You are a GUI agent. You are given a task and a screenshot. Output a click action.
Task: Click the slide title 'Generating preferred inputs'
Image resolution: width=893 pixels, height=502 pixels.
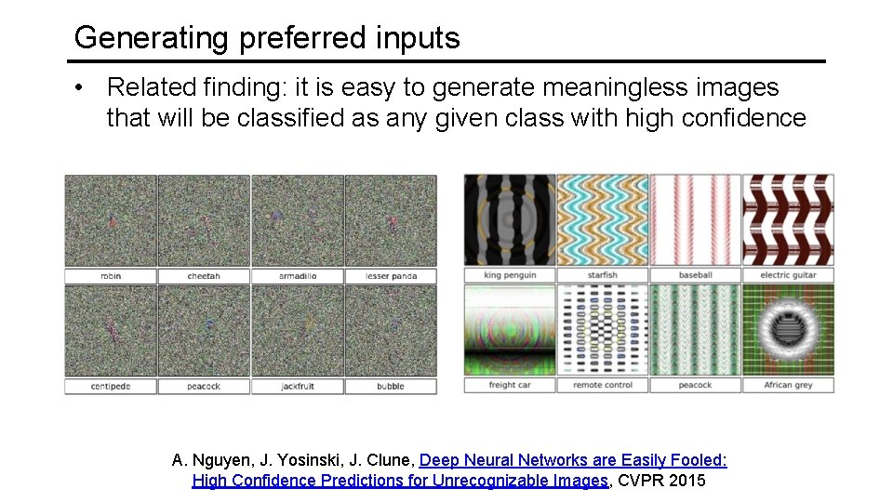267,38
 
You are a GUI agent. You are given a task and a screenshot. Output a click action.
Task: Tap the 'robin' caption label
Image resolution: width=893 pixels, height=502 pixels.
111,276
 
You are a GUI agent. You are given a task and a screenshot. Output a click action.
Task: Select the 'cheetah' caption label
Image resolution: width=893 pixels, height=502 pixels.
204,276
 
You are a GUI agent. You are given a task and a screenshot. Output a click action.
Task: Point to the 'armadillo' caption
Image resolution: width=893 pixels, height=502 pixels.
298,276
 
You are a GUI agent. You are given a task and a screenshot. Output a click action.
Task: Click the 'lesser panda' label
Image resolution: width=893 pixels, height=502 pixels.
391,276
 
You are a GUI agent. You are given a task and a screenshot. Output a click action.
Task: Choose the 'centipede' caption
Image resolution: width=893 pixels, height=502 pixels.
111,386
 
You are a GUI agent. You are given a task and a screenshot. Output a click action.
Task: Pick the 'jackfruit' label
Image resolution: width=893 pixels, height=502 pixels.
298,386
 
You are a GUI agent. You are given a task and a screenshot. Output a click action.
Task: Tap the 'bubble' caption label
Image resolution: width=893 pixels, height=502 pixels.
391,386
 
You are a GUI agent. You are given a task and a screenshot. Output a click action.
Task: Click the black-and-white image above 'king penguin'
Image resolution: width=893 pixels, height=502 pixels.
510,219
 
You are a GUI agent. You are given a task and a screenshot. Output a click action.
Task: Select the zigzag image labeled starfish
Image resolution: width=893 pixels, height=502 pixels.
603,219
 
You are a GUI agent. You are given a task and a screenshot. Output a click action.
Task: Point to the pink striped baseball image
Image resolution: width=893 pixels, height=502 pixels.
695,219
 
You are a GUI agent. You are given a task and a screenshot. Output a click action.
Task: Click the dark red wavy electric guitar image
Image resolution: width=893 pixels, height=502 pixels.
788,219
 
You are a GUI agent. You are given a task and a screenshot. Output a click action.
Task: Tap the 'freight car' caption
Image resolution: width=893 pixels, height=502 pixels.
510,385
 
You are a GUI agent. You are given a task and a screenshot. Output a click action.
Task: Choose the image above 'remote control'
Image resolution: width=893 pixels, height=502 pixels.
603,329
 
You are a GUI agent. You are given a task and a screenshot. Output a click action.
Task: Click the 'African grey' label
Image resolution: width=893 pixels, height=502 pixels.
788,385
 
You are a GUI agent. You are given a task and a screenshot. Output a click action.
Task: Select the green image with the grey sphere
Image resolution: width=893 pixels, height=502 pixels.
788,329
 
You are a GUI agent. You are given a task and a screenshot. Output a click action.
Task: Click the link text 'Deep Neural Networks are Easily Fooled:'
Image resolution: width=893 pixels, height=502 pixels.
573,460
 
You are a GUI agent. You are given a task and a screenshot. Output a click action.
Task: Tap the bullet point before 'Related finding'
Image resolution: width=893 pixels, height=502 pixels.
83,88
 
